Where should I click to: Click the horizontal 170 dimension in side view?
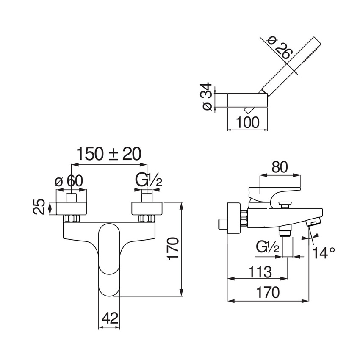(267, 293)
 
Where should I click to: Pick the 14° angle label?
(324, 253)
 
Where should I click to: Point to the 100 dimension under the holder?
(247, 122)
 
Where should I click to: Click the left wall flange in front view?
(71, 209)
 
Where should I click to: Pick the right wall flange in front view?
(147, 209)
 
